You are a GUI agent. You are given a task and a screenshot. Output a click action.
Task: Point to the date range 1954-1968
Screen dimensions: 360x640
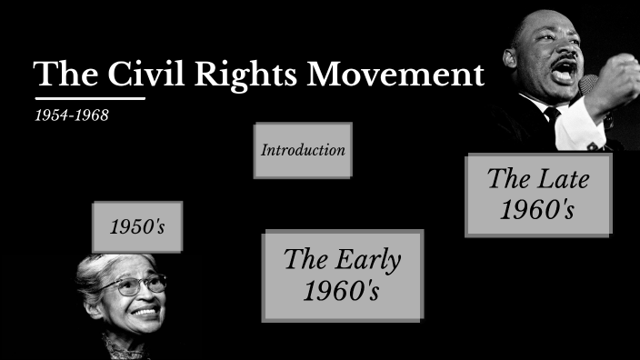pyautogui.click(x=71, y=117)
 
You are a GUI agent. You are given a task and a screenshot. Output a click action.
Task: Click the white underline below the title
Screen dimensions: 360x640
pyautogui.click(x=90, y=97)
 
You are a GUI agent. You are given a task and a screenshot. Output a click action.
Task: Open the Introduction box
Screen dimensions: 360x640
pyautogui.click(x=303, y=150)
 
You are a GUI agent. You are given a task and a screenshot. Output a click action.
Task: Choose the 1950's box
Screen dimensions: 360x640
pyautogui.click(x=137, y=227)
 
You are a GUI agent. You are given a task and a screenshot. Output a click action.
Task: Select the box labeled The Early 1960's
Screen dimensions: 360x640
pyautogui.click(x=342, y=275)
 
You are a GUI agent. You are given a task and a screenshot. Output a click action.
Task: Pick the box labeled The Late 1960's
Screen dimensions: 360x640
pyautogui.click(x=538, y=195)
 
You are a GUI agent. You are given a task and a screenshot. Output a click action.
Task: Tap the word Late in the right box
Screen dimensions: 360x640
pyautogui.click(x=558, y=178)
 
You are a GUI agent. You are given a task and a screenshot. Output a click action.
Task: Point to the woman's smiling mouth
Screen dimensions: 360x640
pyautogui.click(x=144, y=313)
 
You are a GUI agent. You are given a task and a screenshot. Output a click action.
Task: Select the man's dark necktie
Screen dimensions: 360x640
pyautogui.click(x=552, y=117)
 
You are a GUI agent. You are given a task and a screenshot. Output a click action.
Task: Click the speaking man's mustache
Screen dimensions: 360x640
pyautogui.click(x=560, y=60)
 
